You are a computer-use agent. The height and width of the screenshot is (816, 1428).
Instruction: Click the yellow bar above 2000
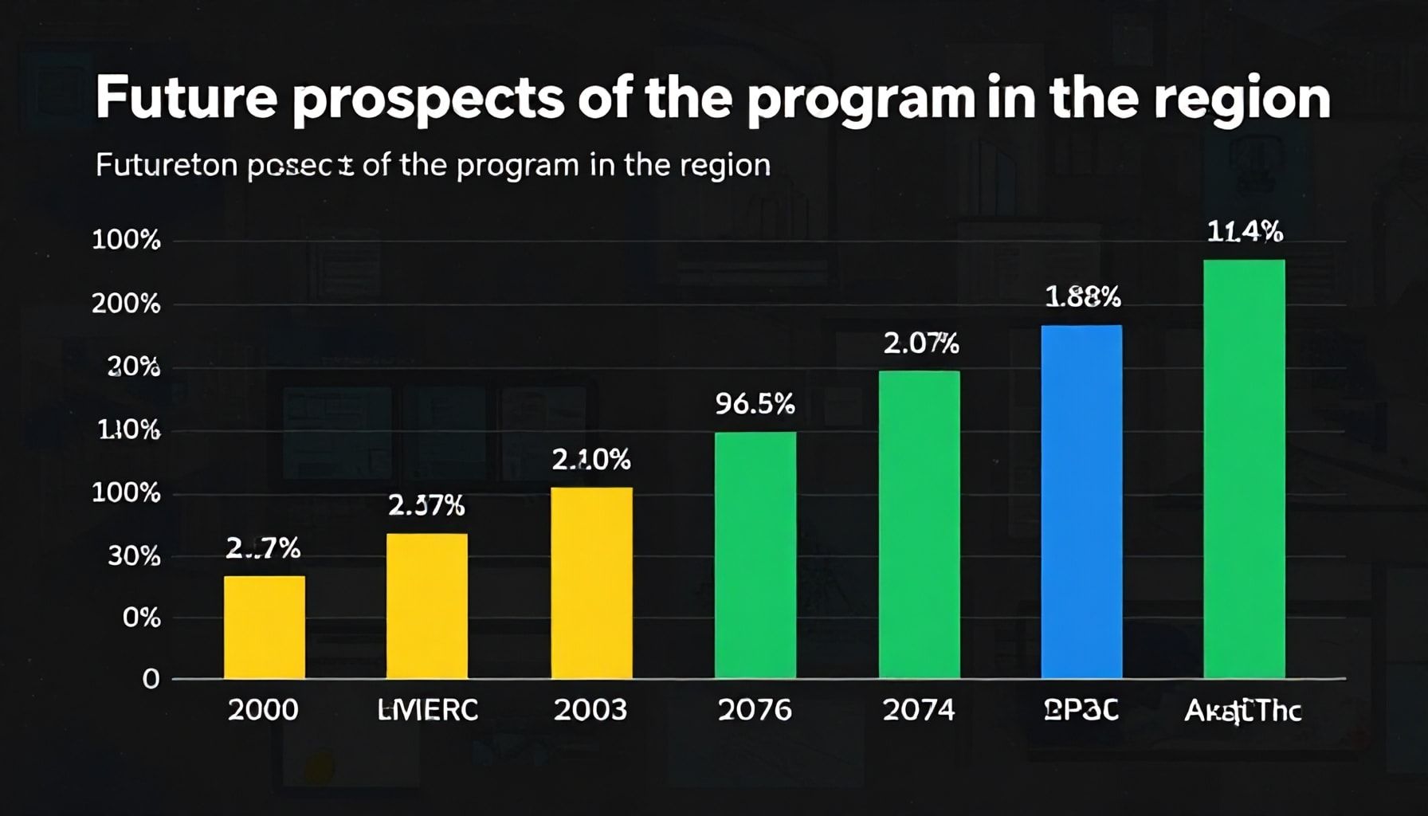[265, 627]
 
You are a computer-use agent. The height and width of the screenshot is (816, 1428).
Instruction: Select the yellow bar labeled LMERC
[427, 606]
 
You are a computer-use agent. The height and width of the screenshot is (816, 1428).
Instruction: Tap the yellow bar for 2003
[592, 583]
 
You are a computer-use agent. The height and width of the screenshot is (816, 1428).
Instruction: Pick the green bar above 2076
[755, 555]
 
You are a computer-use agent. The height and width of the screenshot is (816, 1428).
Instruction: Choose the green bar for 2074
[919, 524]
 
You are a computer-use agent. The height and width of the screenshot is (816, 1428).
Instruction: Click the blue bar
[1081, 501]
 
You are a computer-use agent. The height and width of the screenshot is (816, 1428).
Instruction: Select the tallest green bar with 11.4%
[1244, 469]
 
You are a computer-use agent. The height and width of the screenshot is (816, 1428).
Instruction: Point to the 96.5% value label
[755, 405]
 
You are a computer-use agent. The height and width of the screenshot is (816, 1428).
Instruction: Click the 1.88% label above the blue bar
[1082, 297]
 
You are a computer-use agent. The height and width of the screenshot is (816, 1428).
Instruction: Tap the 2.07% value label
[920, 344]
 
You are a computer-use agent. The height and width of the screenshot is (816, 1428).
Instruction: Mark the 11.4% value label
[1245, 232]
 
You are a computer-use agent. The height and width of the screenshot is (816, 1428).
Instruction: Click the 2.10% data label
[591, 460]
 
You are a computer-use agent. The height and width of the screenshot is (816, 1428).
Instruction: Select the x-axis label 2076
[755, 709]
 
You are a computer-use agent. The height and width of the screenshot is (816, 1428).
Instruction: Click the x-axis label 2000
[263, 709]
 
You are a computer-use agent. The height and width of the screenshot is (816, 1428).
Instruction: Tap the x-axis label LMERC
[427, 709]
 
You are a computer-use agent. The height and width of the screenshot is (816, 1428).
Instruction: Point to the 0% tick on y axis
[141, 618]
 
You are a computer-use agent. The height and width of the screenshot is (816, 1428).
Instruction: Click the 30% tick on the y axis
[134, 556]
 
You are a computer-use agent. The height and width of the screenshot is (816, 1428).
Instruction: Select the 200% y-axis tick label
[126, 304]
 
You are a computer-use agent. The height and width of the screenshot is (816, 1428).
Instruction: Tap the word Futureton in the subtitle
[166, 165]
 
